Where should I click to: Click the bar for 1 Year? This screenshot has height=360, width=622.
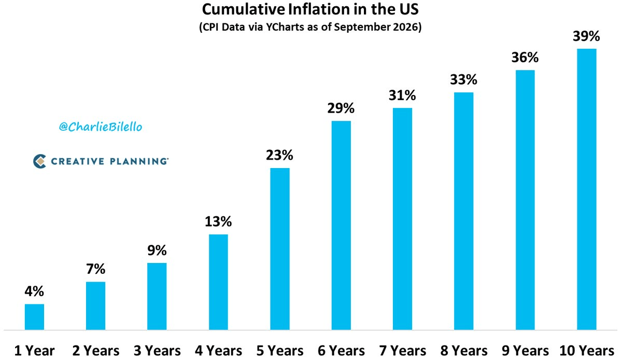pyautogui.click(x=34, y=317)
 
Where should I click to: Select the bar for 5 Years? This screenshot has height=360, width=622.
pyautogui.click(x=280, y=249)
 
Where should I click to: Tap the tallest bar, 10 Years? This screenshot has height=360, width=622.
pyautogui.click(x=587, y=189)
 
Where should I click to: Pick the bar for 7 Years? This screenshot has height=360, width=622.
pyautogui.click(x=402, y=219)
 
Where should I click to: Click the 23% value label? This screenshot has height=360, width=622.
pyautogui.click(x=279, y=155)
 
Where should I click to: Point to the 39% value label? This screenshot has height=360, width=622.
pyautogui.click(x=586, y=36)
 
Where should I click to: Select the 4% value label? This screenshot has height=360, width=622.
pyautogui.click(x=34, y=292)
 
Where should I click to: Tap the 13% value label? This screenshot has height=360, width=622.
pyautogui.click(x=218, y=221)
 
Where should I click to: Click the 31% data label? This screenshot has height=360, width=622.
pyautogui.click(x=402, y=95)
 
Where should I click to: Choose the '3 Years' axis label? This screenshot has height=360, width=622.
pyautogui.click(x=157, y=351)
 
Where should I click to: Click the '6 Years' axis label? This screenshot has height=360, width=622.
pyautogui.click(x=341, y=351)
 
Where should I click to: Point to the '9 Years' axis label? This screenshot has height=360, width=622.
pyautogui.click(x=525, y=351)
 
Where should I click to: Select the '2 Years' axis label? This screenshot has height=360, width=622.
pyautogui.click(x=96, y=351)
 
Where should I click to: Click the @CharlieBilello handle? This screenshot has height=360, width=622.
pyautogui.click(x=101, y=127)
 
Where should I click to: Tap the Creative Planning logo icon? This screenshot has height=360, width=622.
pyautogui.click(x=39, y=161)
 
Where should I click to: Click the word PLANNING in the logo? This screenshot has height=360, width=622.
pyautogui.click(x=139, y=161)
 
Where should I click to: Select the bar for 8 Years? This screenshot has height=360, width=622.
pyautogui.click(x=464, y=211)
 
